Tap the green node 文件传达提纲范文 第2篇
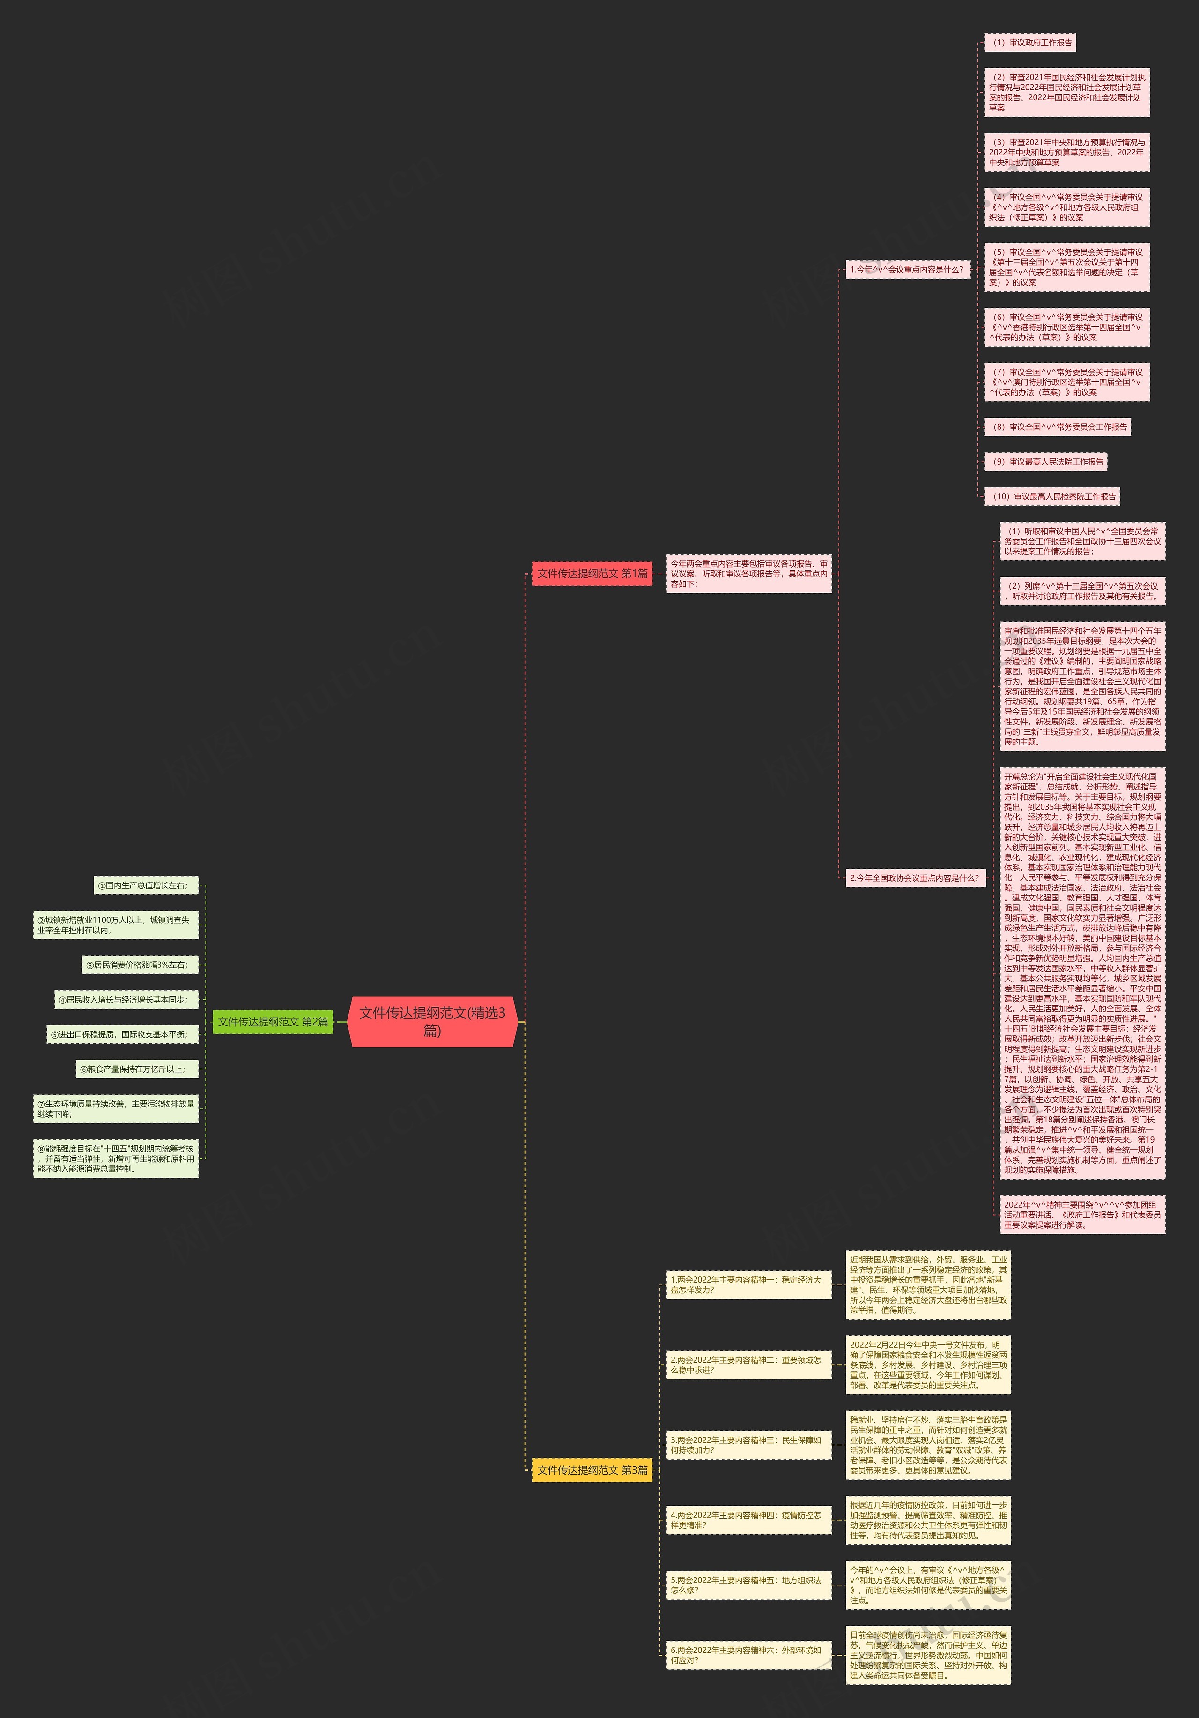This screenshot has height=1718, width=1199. (273, 1021)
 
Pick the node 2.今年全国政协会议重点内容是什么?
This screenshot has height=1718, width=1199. (915, 877)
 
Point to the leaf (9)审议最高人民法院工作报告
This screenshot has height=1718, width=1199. (1045, 462)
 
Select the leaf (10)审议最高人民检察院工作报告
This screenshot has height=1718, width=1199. (1051, 496)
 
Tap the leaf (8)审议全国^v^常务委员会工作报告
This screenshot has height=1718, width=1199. (1057, 427)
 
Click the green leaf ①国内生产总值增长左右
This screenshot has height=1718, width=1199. (146, 885)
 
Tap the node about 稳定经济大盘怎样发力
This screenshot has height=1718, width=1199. (748, 1285)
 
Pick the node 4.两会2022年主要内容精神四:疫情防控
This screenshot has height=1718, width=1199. (748, 1520)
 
